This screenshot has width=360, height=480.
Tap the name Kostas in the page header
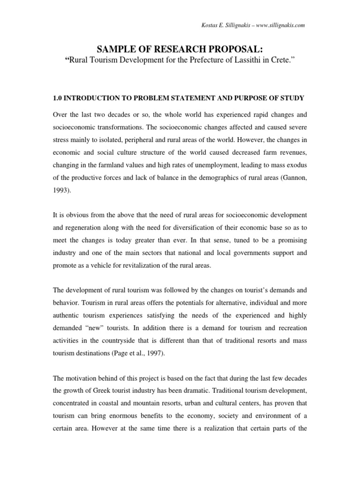coord(209,25)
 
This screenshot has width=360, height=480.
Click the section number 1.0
coord(58,97)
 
